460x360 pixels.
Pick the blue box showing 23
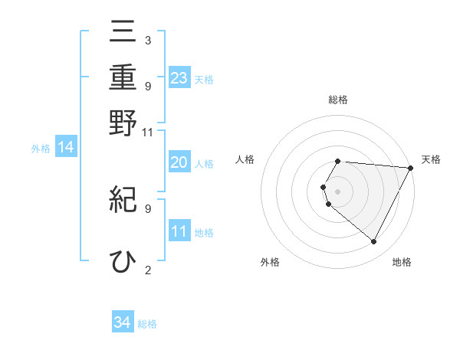tap(179, 77)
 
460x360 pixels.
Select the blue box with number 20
tap(179, 162)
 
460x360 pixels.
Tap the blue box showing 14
tap(66, 147)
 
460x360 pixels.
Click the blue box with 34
tap(123, 322)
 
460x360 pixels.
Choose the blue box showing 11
tap(179, 231)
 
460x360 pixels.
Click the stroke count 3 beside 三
tap(147, 40)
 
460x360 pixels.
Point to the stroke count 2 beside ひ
tap(147, 269)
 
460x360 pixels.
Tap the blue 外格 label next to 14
tap(41, 149)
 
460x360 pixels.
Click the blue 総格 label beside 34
tap(147, 324)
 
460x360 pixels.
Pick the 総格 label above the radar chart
tap(338, 100)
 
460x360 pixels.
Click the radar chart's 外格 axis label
tap(270, 262)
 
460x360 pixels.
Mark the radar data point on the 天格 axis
tap(411, 169)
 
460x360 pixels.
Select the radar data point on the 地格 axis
tap(374, 241)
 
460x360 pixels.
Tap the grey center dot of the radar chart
tap(337, 190)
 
